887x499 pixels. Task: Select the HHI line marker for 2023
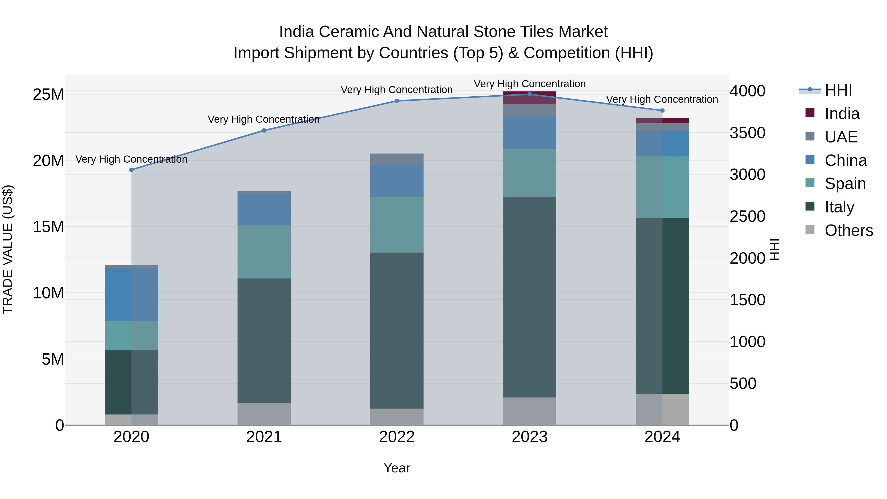click(x=529, y=94)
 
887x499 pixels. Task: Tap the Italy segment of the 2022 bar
click(x=397, y=331)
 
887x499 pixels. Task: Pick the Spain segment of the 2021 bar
click(x=264, y=252)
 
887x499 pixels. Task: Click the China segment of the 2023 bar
click(x=529, y=133)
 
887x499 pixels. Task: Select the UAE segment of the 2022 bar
click(x=397, y=159)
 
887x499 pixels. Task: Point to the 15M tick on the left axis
click(x=48, y=227)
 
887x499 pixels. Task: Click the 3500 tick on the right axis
click(x=748, y=133)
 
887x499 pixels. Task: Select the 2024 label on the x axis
click(x=662, y=437)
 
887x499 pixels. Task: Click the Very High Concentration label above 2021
click(x=264, y=120)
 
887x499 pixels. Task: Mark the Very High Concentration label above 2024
click(x=662, y=100)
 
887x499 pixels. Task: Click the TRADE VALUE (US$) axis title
click(x=8, y=249)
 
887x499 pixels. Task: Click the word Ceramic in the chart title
click(x=349, y=32)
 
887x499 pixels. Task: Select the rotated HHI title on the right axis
click(x=774, y=249)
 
